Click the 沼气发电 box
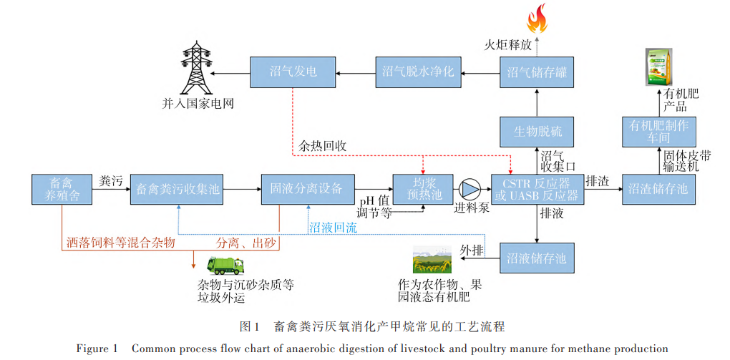[293, 72]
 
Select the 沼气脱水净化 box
[419, 72]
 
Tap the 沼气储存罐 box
[536, 72]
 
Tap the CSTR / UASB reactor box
[536, 189]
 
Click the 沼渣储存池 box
[657, 189]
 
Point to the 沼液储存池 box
[537, 257]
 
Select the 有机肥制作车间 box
[657, 131]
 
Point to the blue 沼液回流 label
[333, 227]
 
